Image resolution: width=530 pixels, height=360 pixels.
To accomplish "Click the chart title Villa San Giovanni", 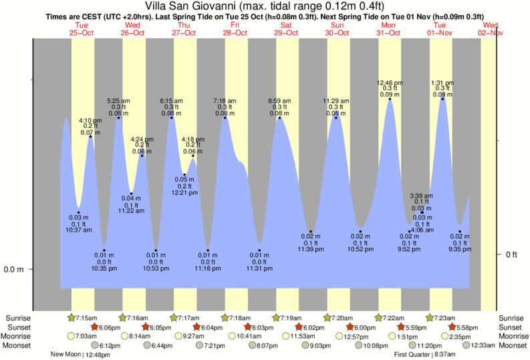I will (x=265, y=7).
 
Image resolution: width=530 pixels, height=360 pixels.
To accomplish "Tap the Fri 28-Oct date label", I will (x=235, y=29).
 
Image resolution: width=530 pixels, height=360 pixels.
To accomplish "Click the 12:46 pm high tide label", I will (x=389, y=82).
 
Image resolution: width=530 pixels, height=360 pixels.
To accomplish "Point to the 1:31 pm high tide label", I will (x=441, y=82).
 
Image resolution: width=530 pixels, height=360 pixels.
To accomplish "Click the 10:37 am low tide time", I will (x=78, y=230).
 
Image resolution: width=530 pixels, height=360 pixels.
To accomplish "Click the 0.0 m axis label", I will (x=15, y=270).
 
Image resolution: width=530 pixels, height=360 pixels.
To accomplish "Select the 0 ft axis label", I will (x=511, y=254).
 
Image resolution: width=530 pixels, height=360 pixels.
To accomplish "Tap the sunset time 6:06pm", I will (x=109, y=327).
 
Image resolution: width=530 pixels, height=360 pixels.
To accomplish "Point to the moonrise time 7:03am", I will (x=84, y=337).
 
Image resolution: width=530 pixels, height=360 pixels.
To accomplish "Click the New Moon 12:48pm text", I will (x=79, y=355).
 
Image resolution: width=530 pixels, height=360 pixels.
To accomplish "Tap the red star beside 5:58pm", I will (x=452, y=327).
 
